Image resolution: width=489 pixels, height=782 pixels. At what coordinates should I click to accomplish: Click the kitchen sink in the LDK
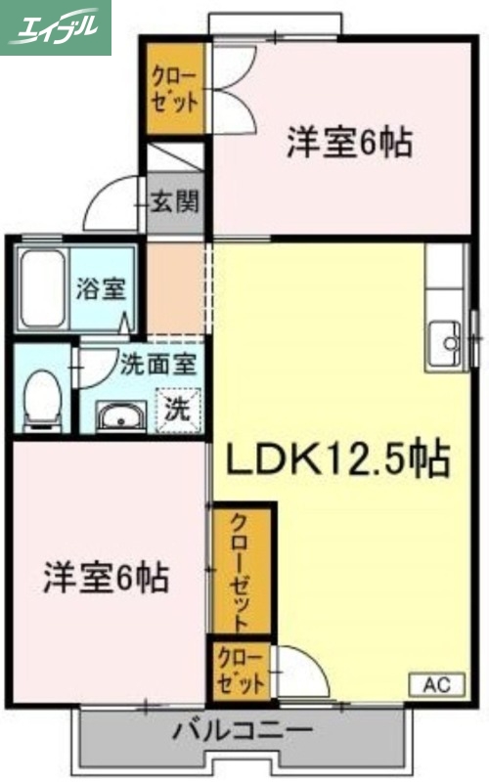pyautogui.click(x=448, y=343)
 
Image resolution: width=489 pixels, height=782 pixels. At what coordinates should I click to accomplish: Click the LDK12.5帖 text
pyautogui.click(x=339, y=458)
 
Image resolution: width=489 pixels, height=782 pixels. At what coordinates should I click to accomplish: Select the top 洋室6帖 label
pyautogui.click(x=348, y=144)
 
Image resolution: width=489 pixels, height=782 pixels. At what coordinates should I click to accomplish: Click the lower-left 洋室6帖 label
pyautogui.click(x=106, y=579)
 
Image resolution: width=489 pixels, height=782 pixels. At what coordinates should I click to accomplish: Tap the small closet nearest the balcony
pyautogui.click(x=240, y=670)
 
